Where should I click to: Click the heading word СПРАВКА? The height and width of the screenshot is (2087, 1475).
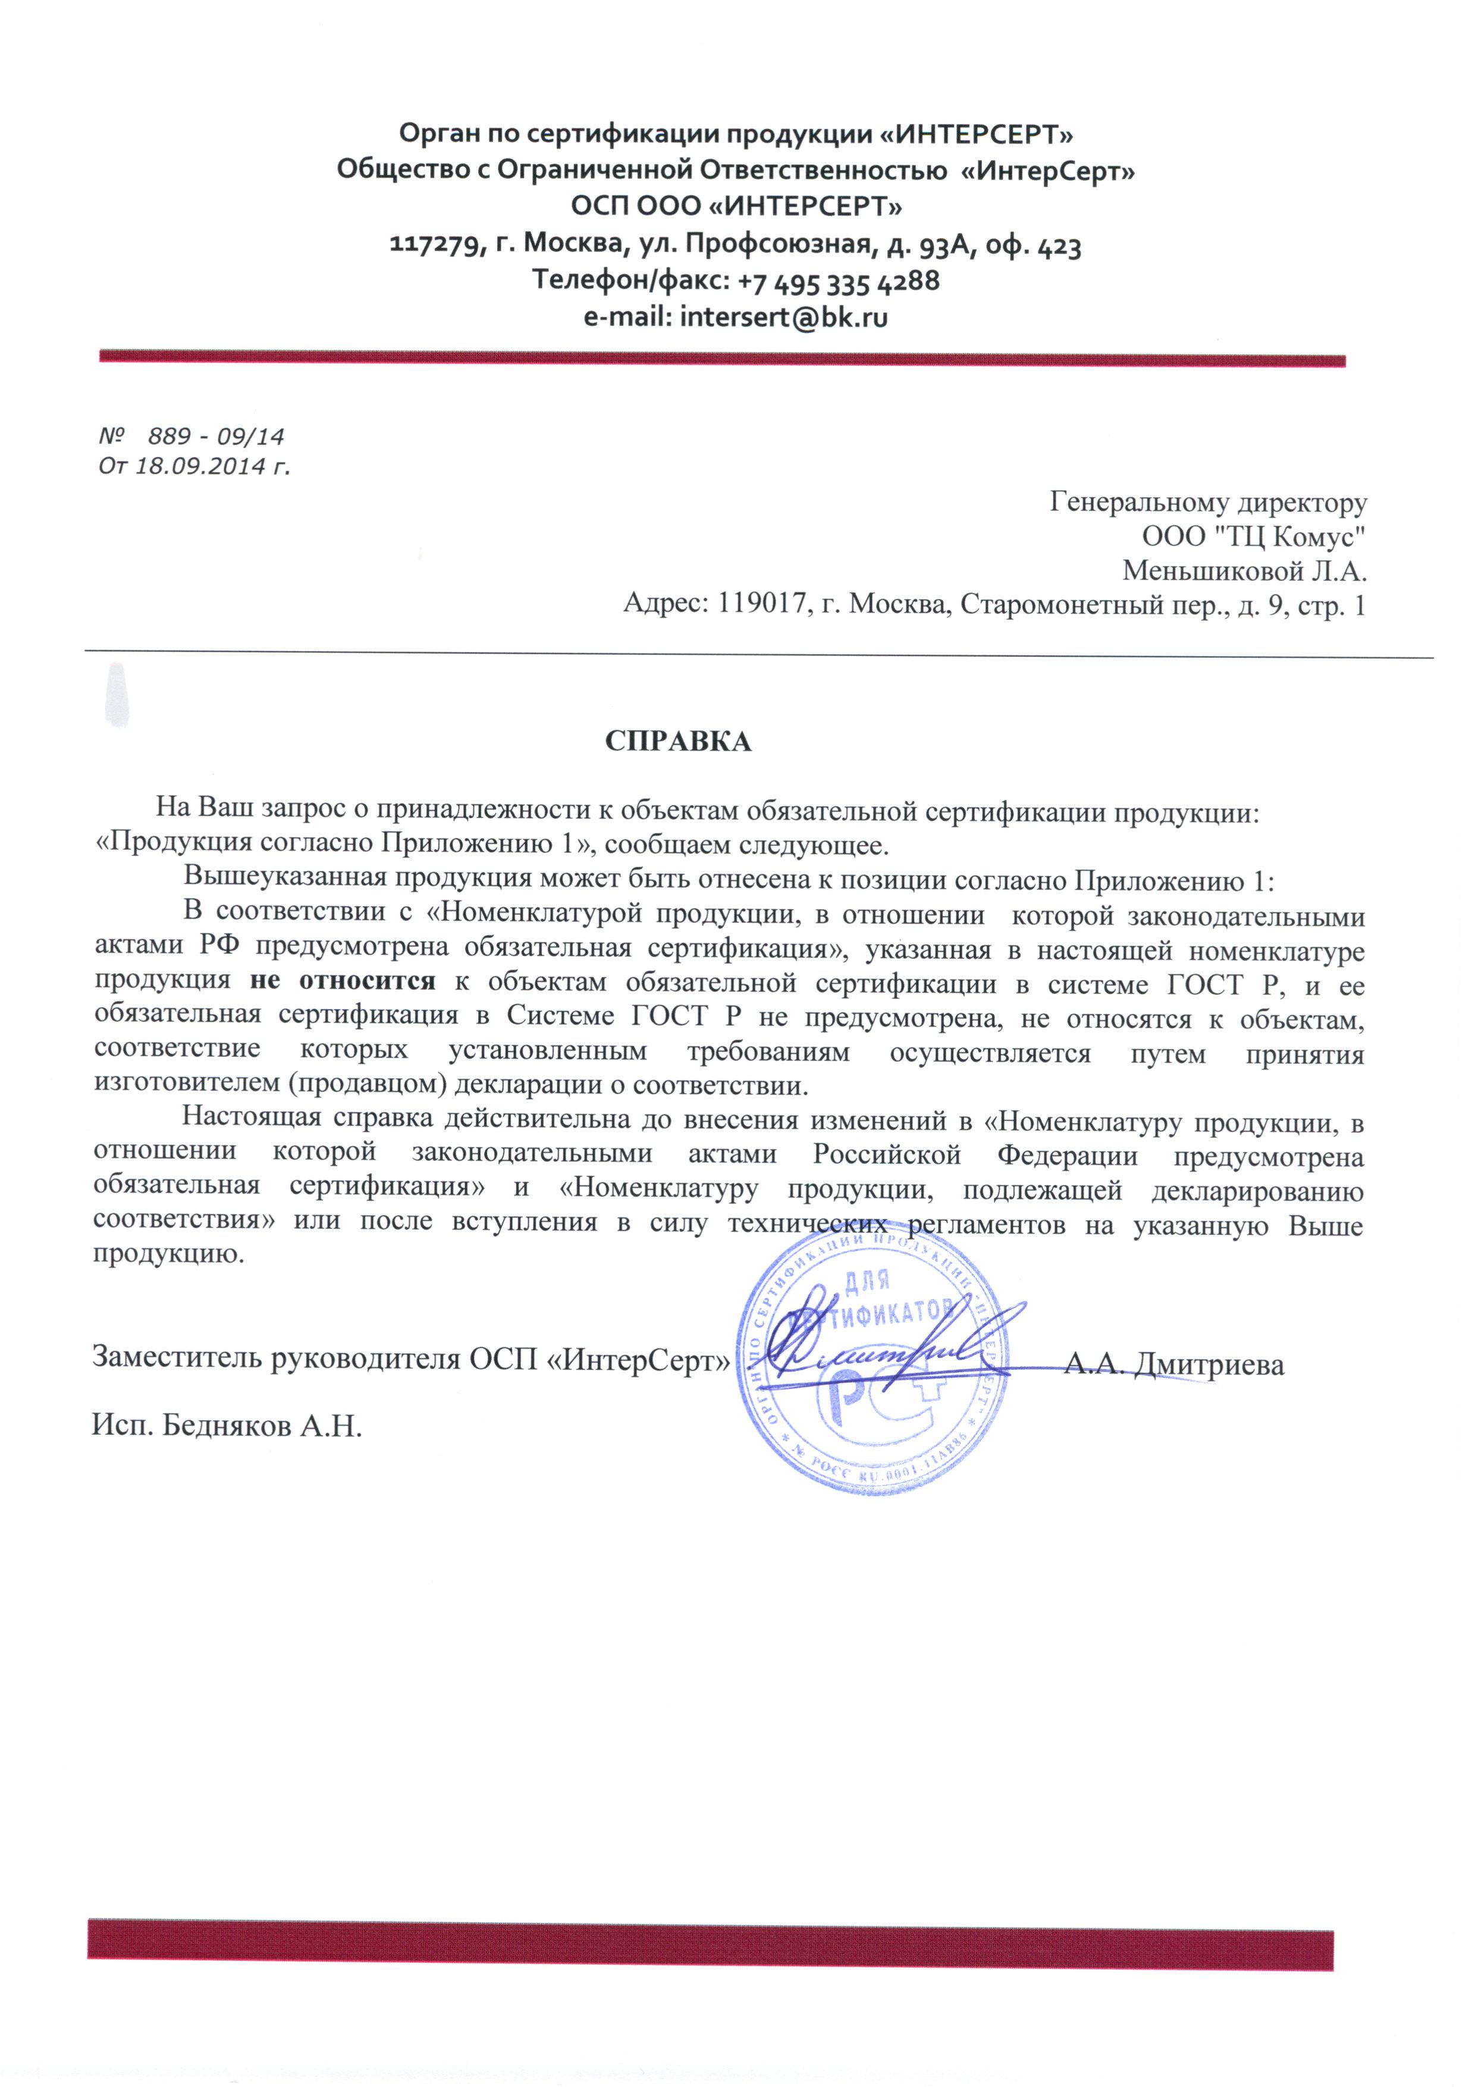click(x=678, y=742)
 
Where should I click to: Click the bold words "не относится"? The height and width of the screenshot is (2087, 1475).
click(x=342, y=984)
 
